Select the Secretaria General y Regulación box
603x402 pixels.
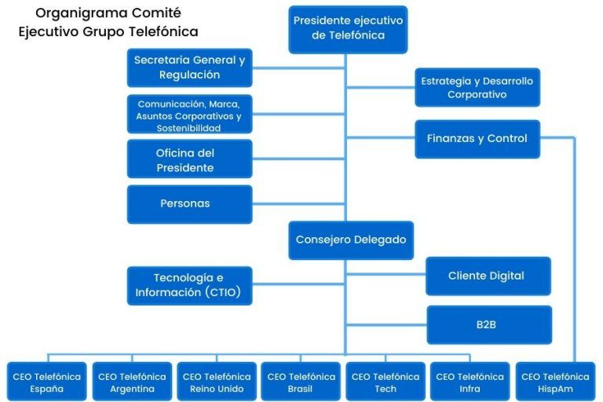pos(189,68)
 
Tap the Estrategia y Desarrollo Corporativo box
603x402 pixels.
pos(477,87)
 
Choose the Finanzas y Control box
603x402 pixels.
pos(477,138)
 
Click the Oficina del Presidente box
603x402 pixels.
pos(189,159)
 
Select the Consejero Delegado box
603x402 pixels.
pos(351,239)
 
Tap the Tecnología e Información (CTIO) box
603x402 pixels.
pos(189,285)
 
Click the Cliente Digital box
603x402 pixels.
pos(487,276)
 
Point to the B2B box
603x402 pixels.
pos(487,324)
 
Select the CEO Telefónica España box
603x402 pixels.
pos(46,382)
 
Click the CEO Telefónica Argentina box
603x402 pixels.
pos(132,382)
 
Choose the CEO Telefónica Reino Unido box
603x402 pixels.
pos(217,382)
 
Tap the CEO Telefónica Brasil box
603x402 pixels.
pos(301,382)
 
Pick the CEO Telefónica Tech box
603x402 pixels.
pos(386,382)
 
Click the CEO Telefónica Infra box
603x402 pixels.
pos(470,382)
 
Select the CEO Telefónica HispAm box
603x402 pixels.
pos(555,382)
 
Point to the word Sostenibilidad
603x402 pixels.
pos(188,127)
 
